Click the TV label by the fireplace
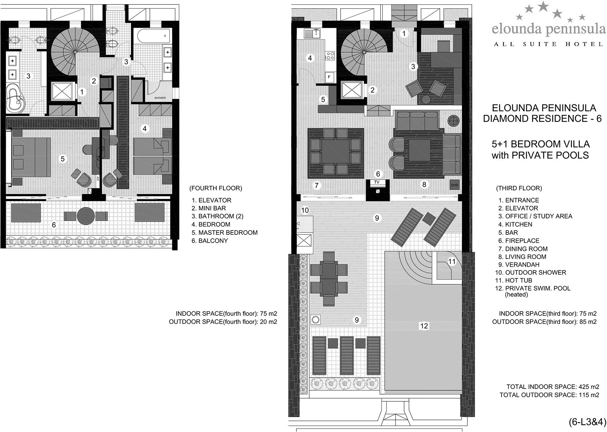377,182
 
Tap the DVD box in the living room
454,185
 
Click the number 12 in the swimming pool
424,326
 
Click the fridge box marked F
329,77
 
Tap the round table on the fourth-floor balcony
86,216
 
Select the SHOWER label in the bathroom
160,98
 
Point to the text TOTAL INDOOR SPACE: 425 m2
553,387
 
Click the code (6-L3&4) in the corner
588,422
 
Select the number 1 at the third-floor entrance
404,33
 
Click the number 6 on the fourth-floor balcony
54,225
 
